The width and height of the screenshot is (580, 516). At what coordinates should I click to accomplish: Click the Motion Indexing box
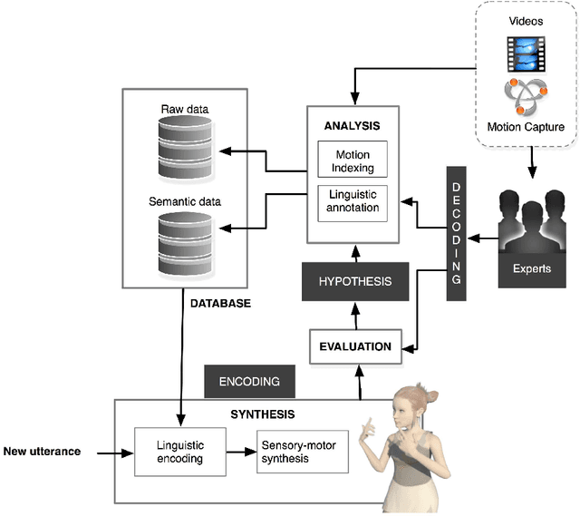[353, 160]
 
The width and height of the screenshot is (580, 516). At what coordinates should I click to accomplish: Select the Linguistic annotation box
[353, 203]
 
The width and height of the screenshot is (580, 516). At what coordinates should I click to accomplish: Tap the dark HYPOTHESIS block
[355, 282]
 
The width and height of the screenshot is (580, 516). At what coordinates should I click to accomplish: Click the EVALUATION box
[355, 346]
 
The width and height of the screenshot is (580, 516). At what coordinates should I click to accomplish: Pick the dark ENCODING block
[250, 382]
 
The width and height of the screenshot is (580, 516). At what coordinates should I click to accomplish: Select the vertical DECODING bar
[457, 234]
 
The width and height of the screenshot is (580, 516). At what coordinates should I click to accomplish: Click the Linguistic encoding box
[180, 452]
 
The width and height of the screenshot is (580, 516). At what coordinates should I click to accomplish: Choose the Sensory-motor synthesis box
[303, 452]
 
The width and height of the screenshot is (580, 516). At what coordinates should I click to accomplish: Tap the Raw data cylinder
[185, 147]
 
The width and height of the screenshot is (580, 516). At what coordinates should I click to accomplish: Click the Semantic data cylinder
[185, 244]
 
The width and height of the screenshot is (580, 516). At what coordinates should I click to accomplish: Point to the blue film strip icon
[526, 54]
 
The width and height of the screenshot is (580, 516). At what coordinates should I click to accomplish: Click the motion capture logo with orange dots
[526, 97]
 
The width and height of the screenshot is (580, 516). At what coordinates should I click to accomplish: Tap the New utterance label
[43, 452]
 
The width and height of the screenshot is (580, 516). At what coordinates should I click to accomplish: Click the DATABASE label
[221, 304]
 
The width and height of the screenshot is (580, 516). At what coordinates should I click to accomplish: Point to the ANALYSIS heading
[353, 126]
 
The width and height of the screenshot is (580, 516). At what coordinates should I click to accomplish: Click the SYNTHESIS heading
[263, 414]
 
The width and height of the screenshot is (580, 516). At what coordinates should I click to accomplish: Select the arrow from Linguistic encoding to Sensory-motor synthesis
[242, 452]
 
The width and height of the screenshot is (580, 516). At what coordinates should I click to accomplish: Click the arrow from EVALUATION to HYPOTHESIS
[355, 316]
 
